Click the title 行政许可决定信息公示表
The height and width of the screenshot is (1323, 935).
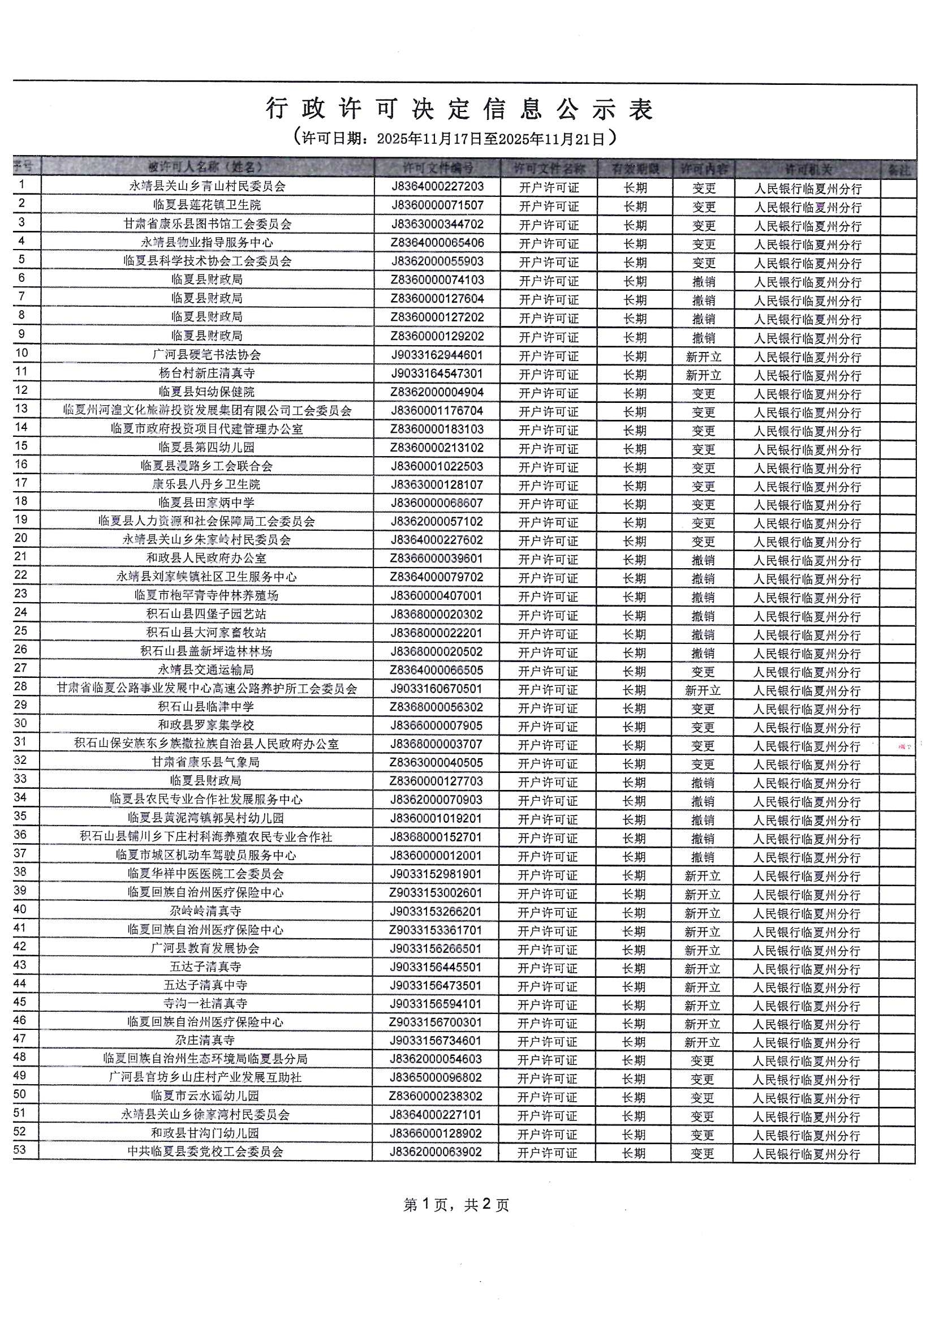tap(459, 109)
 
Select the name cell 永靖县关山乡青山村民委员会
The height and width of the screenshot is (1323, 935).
tap(208, 186)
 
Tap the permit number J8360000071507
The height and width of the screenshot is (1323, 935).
tap(437, 205)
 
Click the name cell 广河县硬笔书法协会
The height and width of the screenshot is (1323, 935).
tap(207, 355)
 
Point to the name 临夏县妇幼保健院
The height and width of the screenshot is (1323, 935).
tap(207, 392)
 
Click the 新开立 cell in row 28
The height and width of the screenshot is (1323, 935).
tap(703, 690)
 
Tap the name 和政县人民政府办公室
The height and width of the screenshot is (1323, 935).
tap(206, 558)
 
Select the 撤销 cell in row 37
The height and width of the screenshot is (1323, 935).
tap(703, 857)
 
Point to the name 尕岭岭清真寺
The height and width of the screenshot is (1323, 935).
tap(205, 911)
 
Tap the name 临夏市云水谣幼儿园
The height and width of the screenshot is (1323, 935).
tap(205, 1096)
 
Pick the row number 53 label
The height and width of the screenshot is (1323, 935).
tap(20, 1150)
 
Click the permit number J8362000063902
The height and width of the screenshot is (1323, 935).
tap(436, 1152)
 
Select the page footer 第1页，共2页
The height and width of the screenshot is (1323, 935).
tap(456, 1205)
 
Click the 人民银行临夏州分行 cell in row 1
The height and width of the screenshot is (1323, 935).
tap(808, 188)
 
